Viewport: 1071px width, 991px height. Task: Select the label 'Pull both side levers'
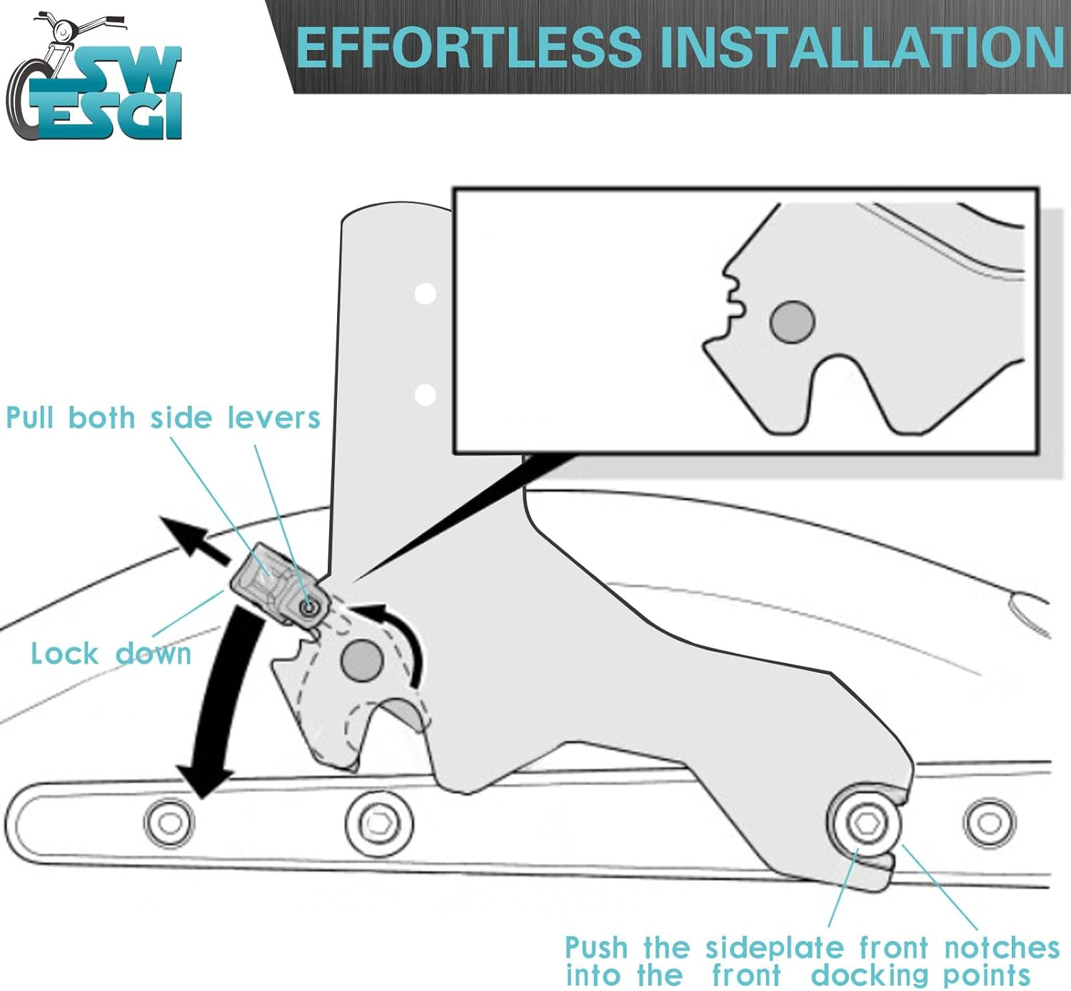[163, 418]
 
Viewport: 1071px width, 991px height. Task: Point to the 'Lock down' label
[111, 654]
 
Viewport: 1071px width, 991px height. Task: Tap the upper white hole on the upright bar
[425, 294]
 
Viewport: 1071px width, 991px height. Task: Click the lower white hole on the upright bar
[425, 395]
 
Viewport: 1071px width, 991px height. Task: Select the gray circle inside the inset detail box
[793, 322]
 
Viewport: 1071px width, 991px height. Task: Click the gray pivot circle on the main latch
[362, 661]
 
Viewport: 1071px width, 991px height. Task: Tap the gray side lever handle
[279, 585]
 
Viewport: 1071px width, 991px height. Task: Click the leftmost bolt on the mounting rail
[170, 822]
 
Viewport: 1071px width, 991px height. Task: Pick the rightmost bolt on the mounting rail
[990, 823]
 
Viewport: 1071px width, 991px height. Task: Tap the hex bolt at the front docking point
[866, 822]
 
